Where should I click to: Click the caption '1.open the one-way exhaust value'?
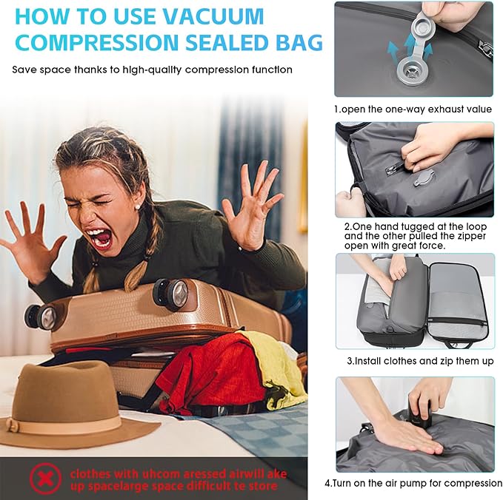pos(412,109)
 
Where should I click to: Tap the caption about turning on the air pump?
pos(413,483)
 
